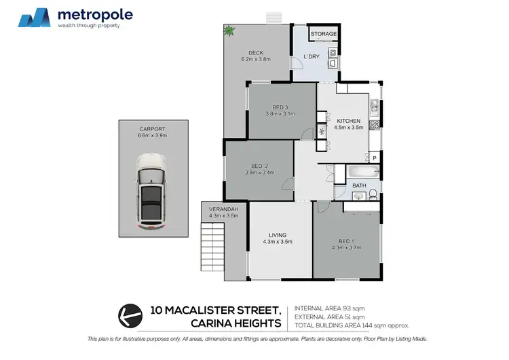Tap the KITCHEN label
(x=347, y=121)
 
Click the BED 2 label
(x=259, y=166)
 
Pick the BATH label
(x=359, y=185)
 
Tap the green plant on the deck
(x=229, y=30)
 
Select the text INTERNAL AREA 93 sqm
(x=330, y=308)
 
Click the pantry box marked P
(x=374, y=158)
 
